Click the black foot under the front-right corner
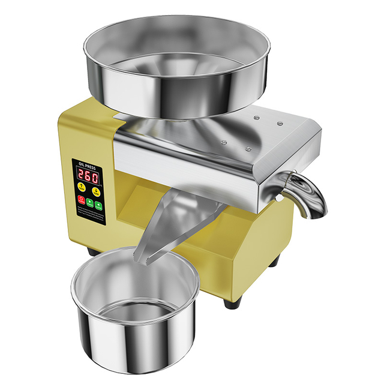[x=230, y=300]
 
